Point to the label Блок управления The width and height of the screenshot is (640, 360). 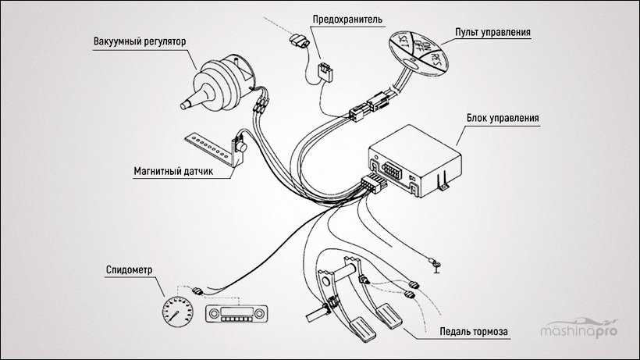tap(500, 118)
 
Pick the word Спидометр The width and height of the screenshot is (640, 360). tap(128, 271)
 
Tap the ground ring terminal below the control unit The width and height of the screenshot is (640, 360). tap(434, 268)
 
